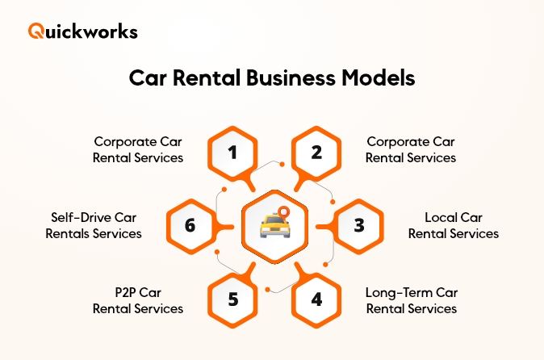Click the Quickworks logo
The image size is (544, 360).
pos(82,31)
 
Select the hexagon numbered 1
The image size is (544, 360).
pos(232,150)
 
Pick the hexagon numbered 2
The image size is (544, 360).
pos(316,150)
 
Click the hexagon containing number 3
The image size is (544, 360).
pos(358,225)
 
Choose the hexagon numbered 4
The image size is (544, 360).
pos(316,299)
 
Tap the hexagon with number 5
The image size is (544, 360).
pos(232,299)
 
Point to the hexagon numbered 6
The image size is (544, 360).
pos(190,225)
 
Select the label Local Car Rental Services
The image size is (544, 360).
pos(453,225)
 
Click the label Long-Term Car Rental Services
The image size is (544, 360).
pos(411,300)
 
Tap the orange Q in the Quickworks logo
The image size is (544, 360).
pos(36,31)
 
